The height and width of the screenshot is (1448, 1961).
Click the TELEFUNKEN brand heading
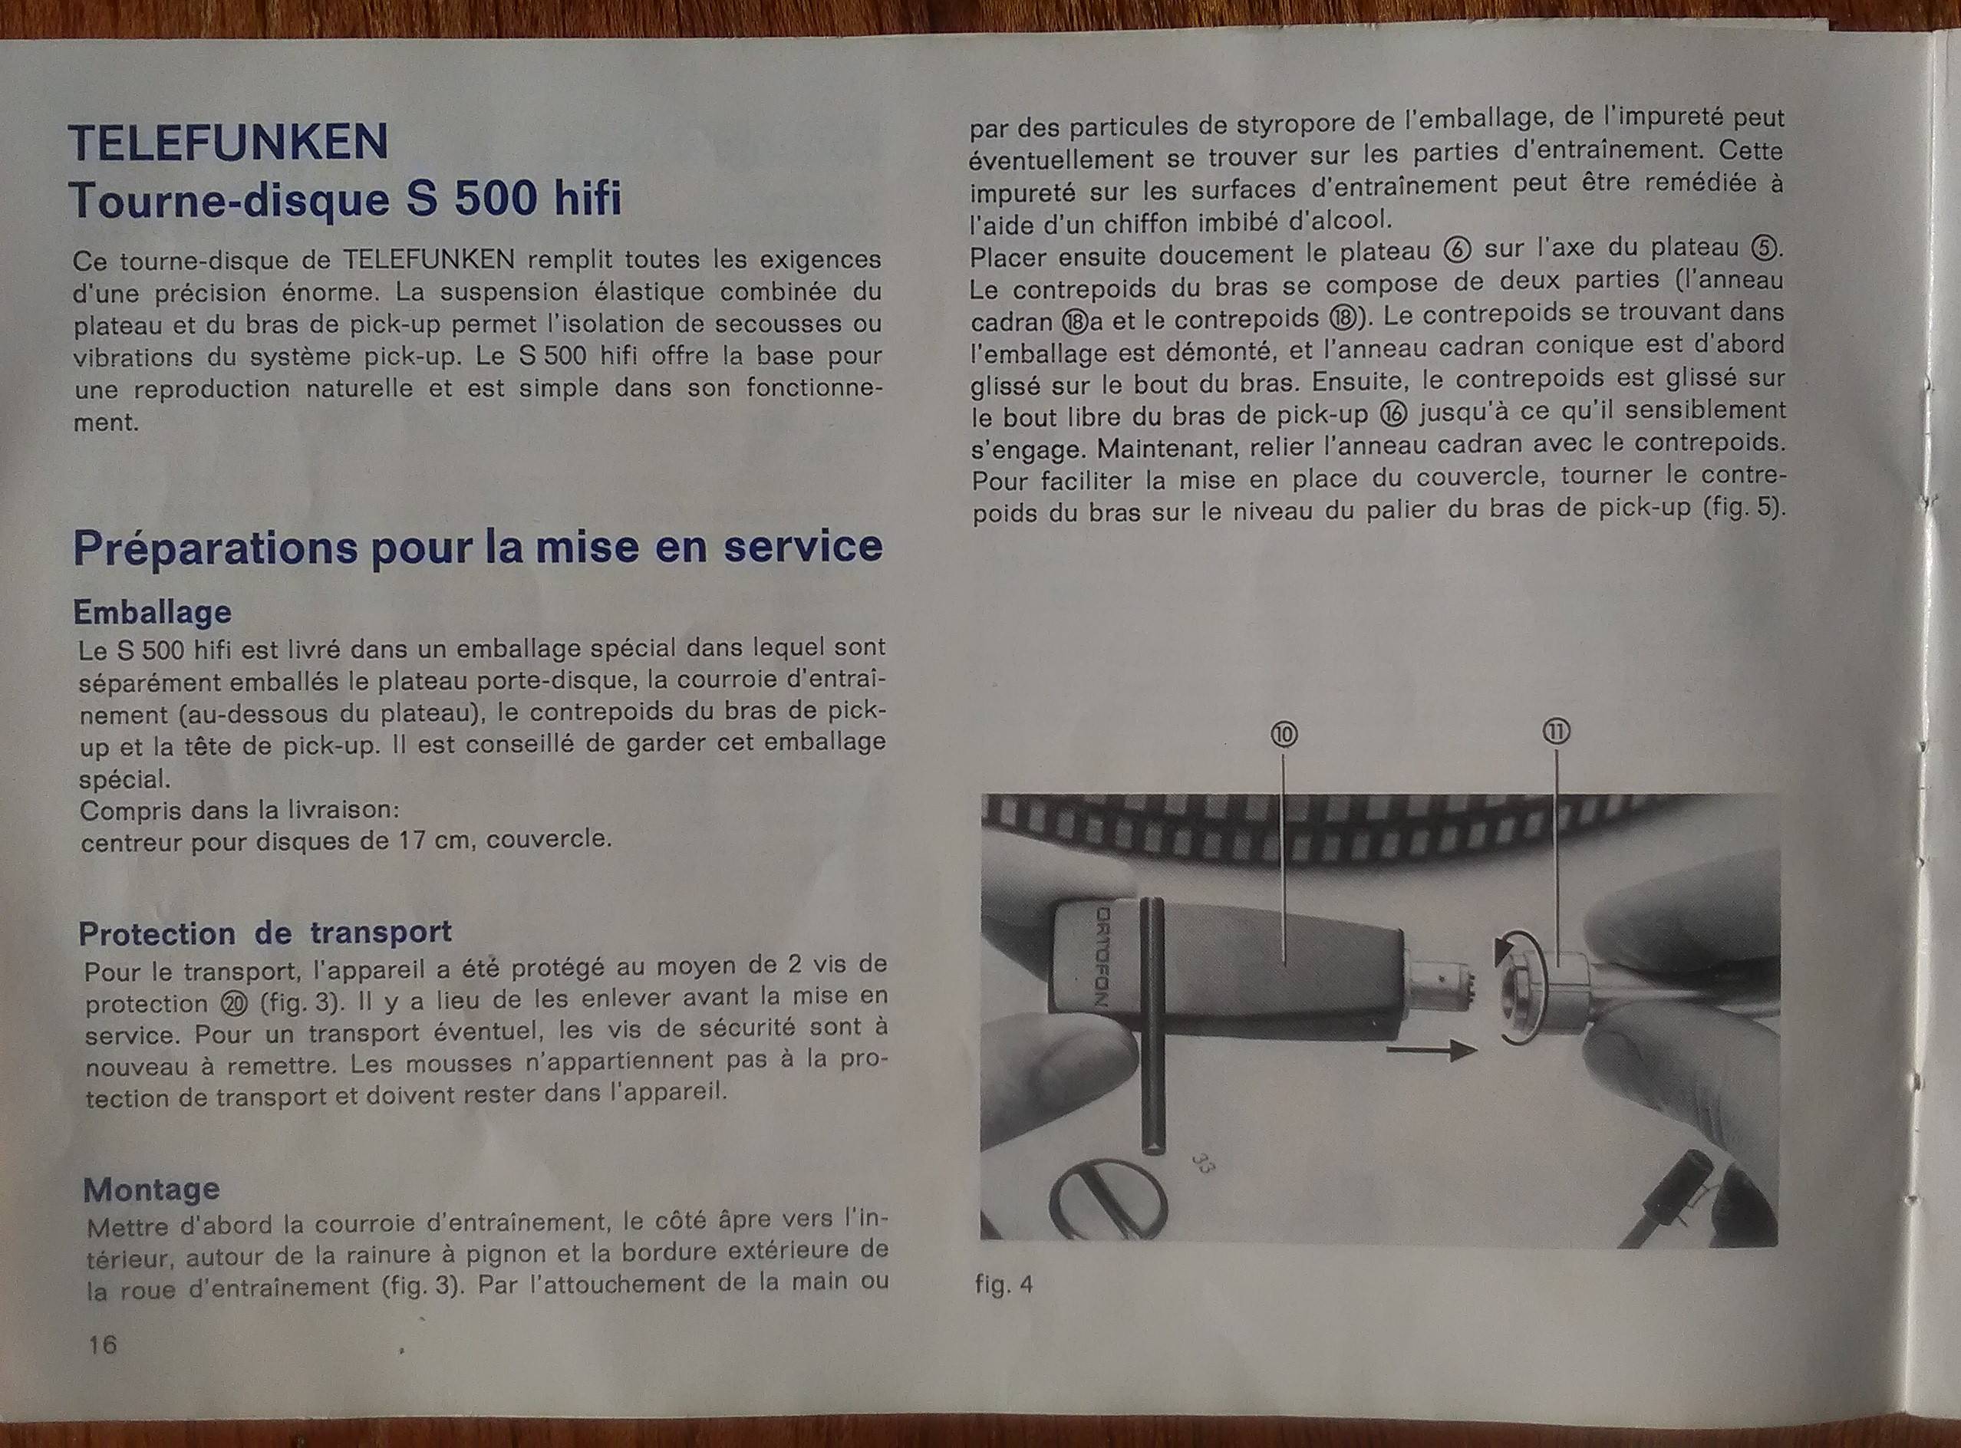(228, 143)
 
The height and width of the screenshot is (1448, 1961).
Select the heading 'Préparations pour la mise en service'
(478, 548)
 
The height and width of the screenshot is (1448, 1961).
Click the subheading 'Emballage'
(152, 612)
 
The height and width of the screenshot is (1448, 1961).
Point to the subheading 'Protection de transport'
(265, 933)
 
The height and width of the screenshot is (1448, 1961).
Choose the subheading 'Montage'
(152, 1190)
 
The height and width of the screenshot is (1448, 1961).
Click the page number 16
(102, 1344)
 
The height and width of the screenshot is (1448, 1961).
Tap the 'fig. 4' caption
(1004, 1285)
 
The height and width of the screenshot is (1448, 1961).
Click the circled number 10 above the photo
(1284, 735)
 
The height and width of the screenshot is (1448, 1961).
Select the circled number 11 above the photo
(1557, 732)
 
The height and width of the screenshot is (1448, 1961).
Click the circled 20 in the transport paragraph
(236, 1004)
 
